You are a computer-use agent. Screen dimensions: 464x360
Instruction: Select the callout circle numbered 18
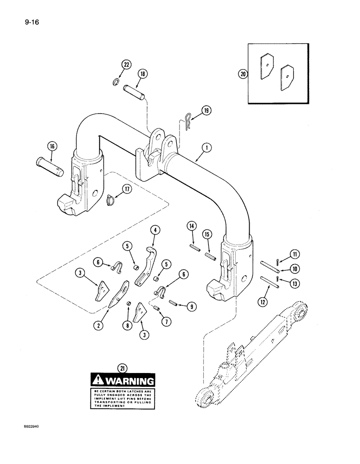click(x=142, y=73)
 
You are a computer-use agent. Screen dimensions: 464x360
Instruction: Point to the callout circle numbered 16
click(x=51, y=146)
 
